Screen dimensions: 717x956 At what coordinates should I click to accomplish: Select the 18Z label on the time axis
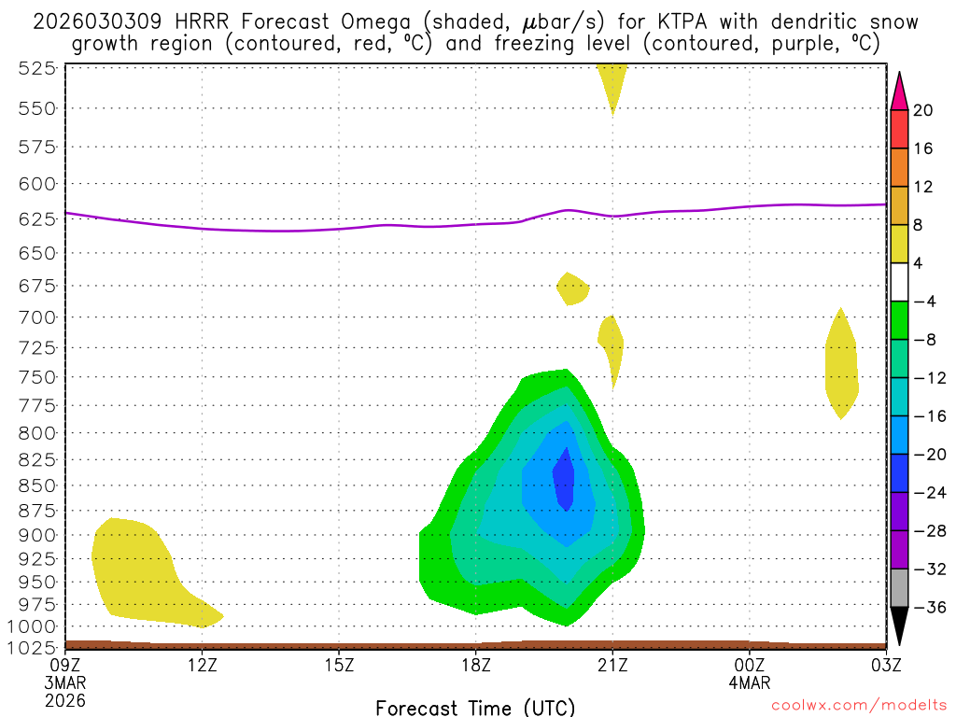pyautogui.click(x=476, y=665)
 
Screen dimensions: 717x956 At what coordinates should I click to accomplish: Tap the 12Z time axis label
pyautogui.click(x=203, y=665)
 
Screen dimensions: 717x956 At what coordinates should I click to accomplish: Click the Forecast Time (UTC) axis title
pyautogui.click(x=475, y=707)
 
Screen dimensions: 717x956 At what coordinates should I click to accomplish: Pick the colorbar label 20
pyautogui.click(x=923, y=110)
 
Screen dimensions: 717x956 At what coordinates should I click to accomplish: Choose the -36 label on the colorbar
pyautogui.click(x=923, y=608)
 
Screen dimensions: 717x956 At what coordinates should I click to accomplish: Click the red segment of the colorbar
pyautogui.click(x=899, y=129)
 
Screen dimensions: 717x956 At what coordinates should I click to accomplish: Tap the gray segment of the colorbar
pyautogui.click(x=899, y=588)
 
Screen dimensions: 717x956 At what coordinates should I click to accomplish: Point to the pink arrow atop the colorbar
pyautogui.click(x=899, y=91)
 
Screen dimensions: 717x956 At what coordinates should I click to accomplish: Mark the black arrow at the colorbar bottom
pyautogui.click(x=899, y=625)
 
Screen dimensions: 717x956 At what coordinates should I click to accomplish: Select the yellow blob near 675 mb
pyautogui.click(x=572, y=288)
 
